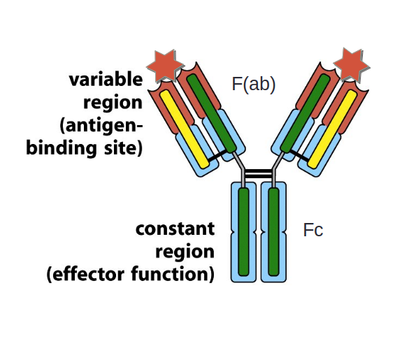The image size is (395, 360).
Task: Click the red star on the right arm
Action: coord(352,64)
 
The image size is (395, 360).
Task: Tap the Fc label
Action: coord(313,229)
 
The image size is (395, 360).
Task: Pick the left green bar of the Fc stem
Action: coord(243,231)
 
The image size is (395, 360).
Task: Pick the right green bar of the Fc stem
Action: coord(273,231)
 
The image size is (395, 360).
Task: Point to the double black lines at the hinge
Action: coord(258,172)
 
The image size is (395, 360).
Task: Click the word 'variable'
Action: coord(106,79)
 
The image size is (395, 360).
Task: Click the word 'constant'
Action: coord(175,229)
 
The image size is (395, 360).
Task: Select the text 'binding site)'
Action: coord(85,148)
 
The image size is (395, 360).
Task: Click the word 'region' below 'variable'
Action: coord(113,102)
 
